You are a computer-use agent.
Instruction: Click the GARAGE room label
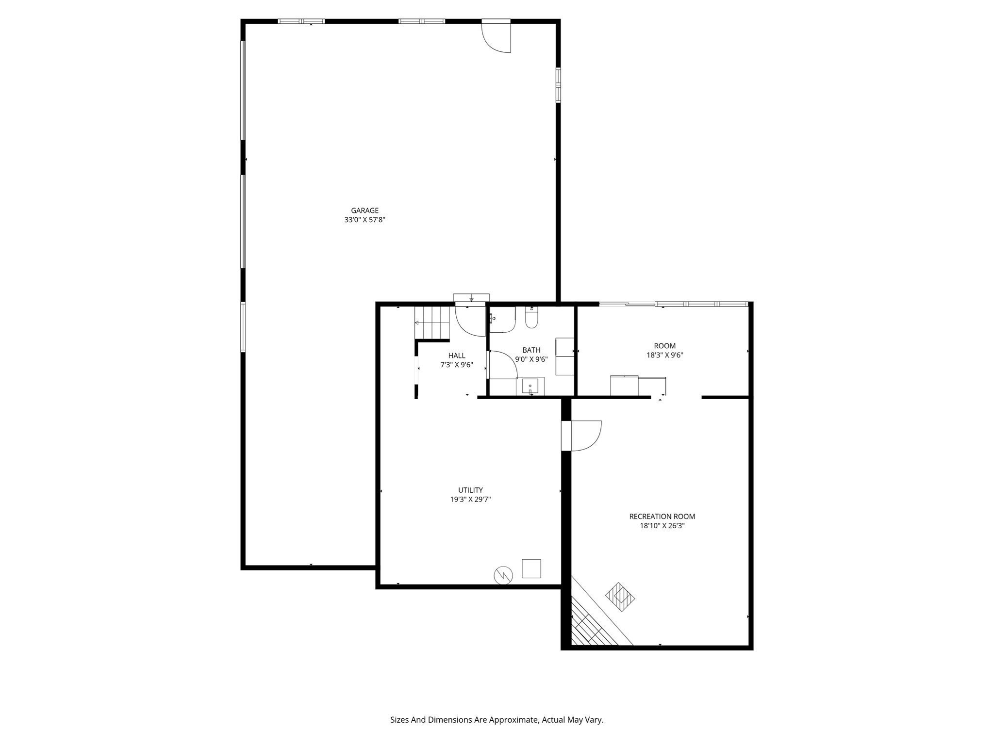pos(364,211)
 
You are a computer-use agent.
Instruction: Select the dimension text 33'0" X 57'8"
pos(364,220)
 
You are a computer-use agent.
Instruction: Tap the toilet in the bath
pos(531,319)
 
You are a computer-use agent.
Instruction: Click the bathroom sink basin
pos(530,387)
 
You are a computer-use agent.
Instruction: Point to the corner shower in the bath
pos(502,320)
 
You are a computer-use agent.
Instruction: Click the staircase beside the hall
pos(431,323)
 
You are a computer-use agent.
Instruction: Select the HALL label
pos(456,356)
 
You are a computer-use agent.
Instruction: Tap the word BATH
pos(531,350)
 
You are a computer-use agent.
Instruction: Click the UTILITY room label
pos(470,490)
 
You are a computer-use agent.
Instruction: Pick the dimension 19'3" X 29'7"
pos(470,499)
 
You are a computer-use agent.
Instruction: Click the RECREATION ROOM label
pos(662,517)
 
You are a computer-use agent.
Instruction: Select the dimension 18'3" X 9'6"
pos(664,355)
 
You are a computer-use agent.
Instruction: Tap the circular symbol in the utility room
pos(503,575)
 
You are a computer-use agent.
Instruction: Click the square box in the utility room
pos(531,568)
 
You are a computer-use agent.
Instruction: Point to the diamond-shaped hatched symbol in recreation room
pos(620,597)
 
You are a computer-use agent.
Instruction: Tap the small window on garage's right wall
pos(558,85)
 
